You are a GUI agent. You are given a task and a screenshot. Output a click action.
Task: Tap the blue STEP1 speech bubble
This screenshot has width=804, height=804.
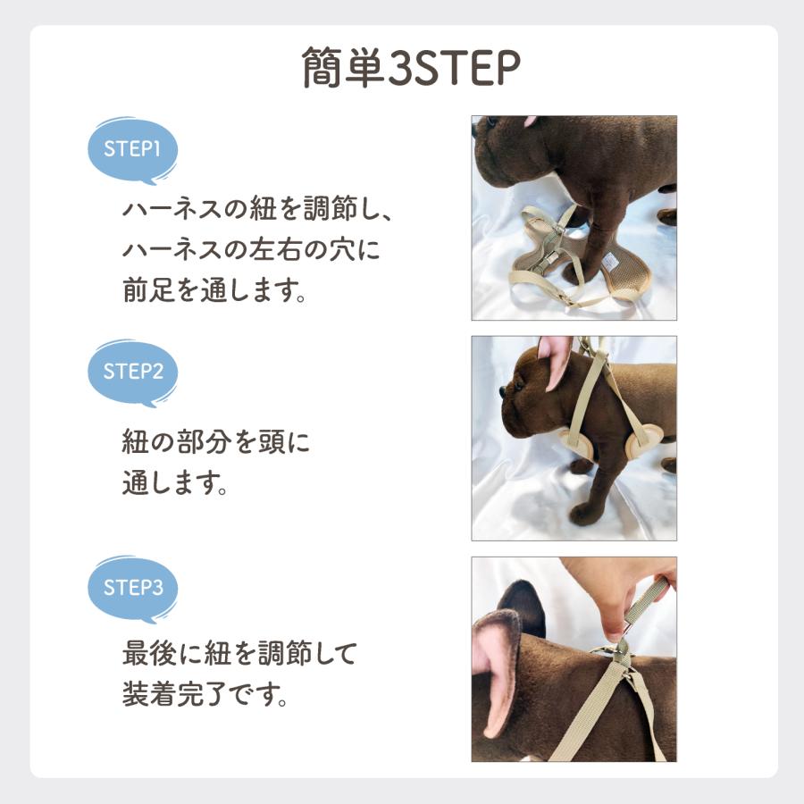point(132,150)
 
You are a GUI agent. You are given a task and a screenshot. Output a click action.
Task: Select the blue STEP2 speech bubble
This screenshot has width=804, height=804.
point(132,372)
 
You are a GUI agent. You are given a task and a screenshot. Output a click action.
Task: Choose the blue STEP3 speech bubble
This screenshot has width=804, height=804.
point(132,588)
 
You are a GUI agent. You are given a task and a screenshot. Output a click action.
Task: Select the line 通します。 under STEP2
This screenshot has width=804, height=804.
point(173,484)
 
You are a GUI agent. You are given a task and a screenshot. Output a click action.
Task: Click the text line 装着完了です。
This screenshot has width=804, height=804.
point(205,694)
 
